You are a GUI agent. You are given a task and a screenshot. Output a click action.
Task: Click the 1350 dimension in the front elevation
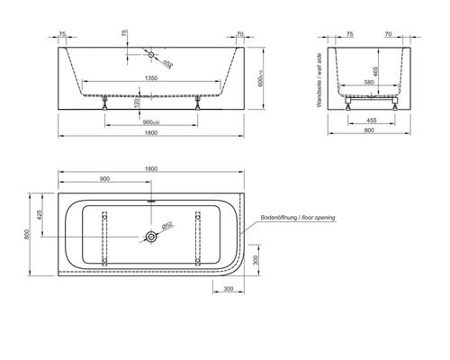[x=152, y=78]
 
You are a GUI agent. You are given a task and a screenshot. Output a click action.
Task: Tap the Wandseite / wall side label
[x=320, y=81]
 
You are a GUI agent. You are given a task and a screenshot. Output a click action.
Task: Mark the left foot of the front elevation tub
[x=107, y=102]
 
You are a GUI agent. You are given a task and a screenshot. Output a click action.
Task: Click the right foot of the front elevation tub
[x=197, y=102]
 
